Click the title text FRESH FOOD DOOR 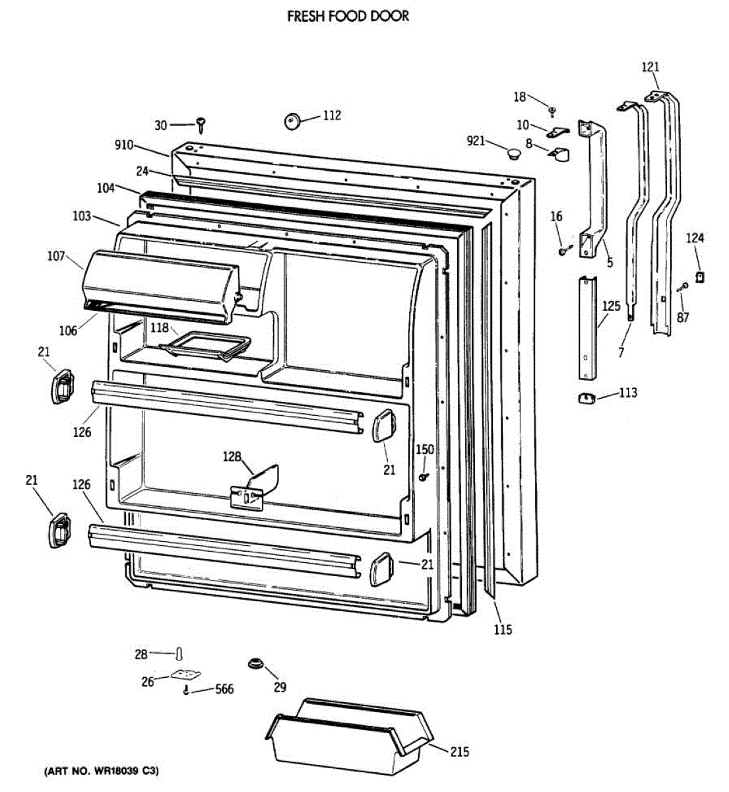[x=348, y=16]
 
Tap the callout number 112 [x=332, y=115]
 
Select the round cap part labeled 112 [x=292, y=120]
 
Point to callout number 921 [x=476, y=141]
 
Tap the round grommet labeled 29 [x=255, y=663]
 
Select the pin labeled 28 [x=179, y=653]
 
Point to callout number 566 [x=224, y=690]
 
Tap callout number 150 [x=424, y=449]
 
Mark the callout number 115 [x=503, y=630]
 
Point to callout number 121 [x=650, y=67]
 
